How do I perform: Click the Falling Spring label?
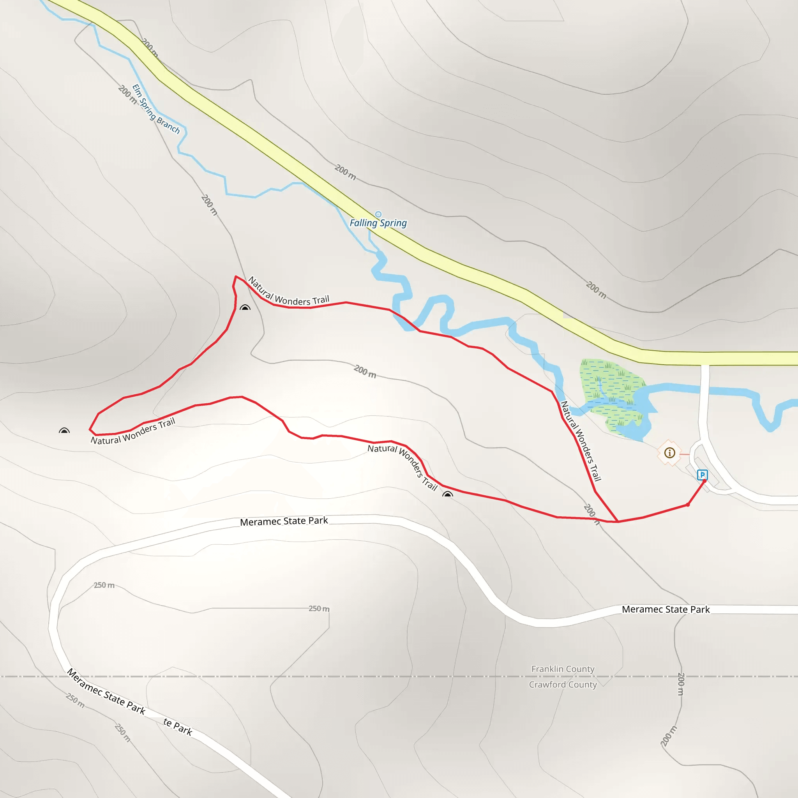(378, 223)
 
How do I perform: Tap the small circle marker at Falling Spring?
(378, 214)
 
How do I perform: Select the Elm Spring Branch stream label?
(156, 109)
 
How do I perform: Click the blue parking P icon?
(702, 475)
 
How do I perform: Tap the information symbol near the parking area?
(669, 453)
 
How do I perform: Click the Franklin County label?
(563, 669)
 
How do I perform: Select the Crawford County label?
(563, 684)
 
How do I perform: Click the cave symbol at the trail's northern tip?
(245, 308)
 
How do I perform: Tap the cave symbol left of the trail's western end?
(64, 431)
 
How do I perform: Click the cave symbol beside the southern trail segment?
(447, 494)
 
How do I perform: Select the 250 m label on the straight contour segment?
(319, 608)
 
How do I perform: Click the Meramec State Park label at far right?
(666, 609)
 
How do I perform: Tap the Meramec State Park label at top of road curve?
(284, 521)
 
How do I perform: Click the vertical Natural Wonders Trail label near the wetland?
(580, 441)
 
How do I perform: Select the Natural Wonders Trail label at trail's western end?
(132, 431)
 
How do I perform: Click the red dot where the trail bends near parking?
(688, 505)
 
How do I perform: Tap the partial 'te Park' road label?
(178, 727)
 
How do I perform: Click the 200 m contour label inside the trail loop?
(365, 371)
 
